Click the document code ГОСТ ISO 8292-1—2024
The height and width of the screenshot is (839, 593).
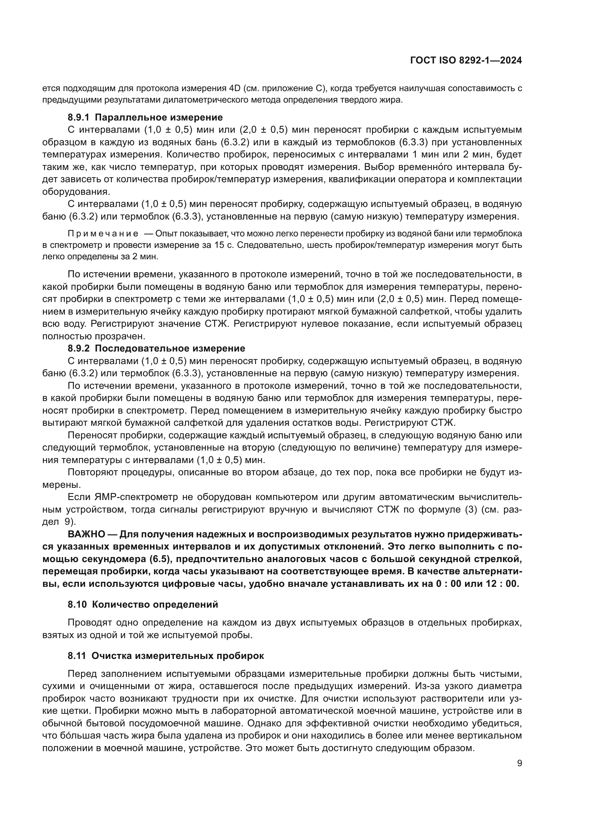[x=466, y=61]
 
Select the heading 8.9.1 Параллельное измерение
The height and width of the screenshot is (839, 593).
[x=145, y=117]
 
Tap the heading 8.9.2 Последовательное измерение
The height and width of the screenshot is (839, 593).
[x=156, y=348]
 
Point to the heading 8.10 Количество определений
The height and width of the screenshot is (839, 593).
[x=143, y=604]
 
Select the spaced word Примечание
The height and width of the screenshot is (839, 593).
[x=103, y=234]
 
